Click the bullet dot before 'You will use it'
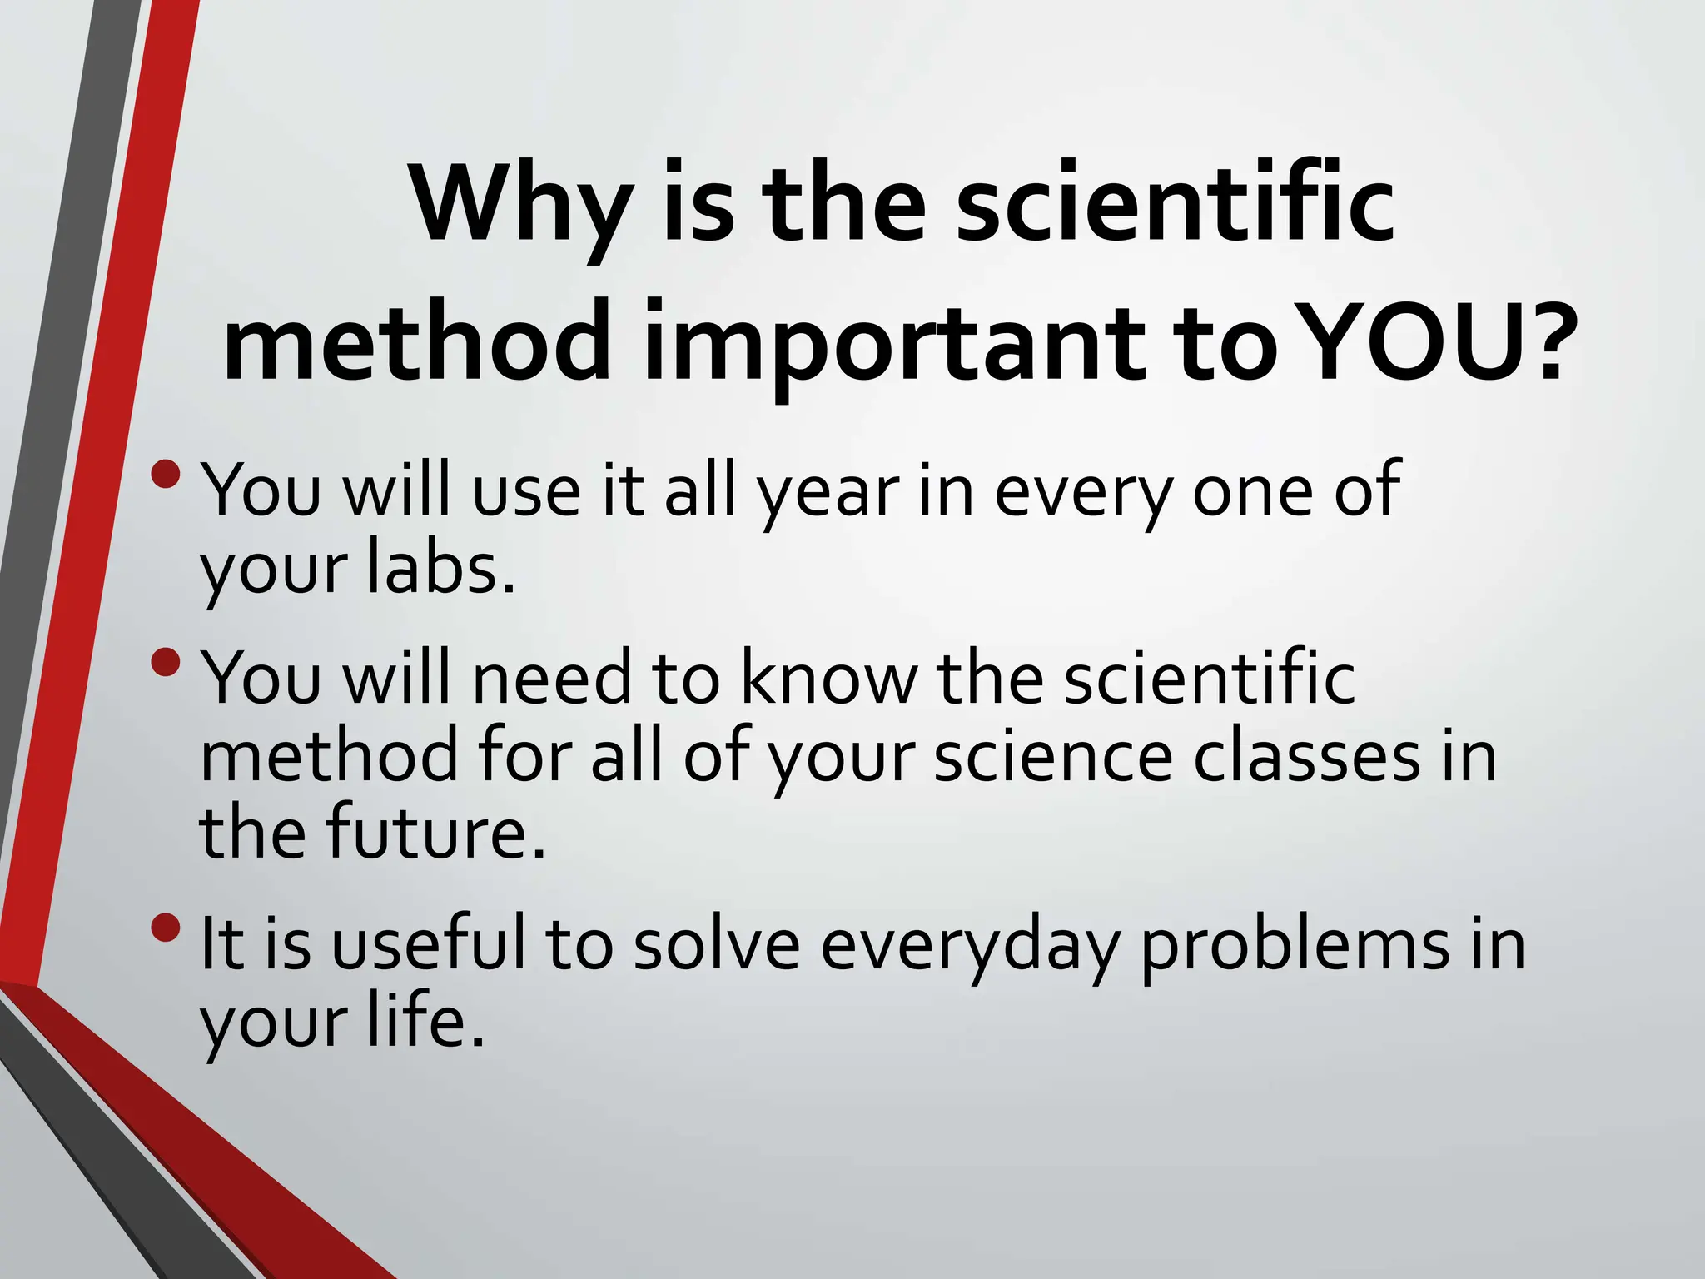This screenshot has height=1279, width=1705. (167, 474)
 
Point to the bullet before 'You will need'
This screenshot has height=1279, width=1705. (167, 663)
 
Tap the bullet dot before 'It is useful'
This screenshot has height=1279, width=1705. (167, 927)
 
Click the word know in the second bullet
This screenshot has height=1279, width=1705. (828, 679)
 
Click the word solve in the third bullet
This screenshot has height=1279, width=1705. (716, 945)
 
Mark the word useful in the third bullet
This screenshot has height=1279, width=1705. (429, 945)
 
